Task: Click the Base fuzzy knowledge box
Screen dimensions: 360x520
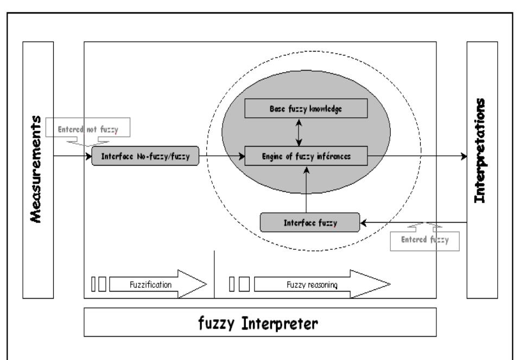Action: tap(306, 109)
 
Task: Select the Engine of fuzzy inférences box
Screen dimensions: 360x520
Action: tap(306, 156)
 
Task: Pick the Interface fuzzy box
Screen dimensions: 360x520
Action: tap(309, 222)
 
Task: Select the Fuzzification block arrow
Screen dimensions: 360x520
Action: tap(158, 283)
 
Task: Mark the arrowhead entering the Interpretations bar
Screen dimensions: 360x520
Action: tap(463, 156)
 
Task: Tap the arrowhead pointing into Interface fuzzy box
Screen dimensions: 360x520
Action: tap(364, 222)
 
